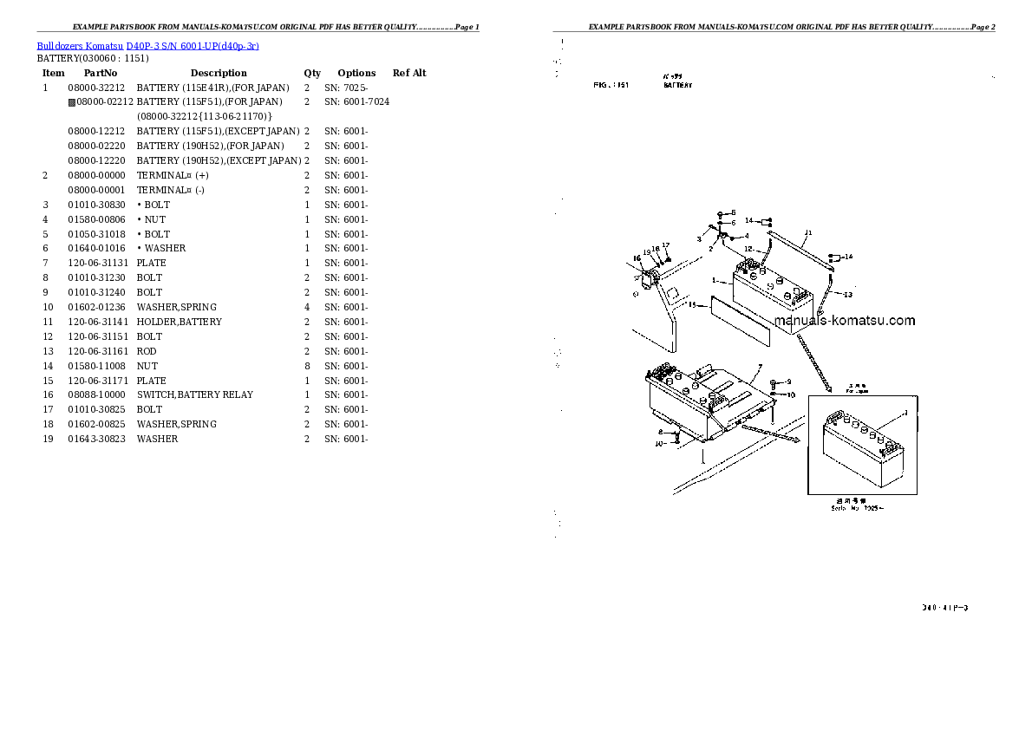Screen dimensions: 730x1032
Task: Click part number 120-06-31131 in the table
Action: tap(97, 263)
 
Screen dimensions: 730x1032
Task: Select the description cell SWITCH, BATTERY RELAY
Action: tap(194, 394)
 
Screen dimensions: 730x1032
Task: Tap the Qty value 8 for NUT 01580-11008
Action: tap(307, 366)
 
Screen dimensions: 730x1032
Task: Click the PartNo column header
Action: tap(100, 73)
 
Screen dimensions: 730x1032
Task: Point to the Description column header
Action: tap(219, 73)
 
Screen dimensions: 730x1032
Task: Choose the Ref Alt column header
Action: tap(409, 73)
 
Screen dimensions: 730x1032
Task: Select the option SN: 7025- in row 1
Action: tap(346, 88)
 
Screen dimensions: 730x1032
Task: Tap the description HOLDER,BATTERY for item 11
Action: tap(179, 322)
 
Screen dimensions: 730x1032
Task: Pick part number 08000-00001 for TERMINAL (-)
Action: tap(97, 190)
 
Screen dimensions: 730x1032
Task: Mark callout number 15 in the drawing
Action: tap(692, 305)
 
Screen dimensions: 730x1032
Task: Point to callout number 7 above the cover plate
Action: tap(758, 367)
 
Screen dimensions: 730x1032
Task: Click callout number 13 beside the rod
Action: tap(848, 294)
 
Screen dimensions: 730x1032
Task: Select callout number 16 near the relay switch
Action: tap(636, 257)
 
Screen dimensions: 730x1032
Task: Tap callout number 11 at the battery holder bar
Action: tap(807, 232)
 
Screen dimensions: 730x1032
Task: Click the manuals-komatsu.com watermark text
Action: tap(844, 321)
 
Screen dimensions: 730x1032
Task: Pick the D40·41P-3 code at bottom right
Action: tap(945, 608)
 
